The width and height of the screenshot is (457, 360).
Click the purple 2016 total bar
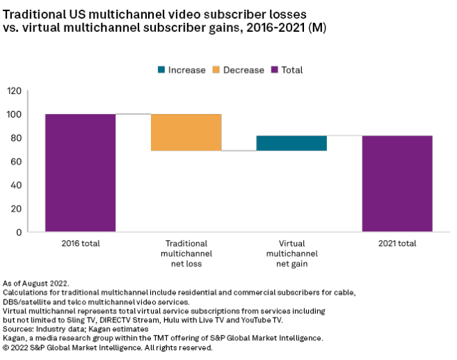[x=80, y=172]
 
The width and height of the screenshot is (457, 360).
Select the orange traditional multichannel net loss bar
[x=186, y=132]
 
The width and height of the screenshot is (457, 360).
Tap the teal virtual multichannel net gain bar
[x=291, y=143]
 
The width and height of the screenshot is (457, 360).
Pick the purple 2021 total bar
[x=397, y=183]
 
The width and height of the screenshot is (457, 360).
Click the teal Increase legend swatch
[x=162, y=69]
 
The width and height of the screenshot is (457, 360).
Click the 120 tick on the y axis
[x=14, y=90]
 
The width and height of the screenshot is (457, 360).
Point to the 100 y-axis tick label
[x=14, y=114]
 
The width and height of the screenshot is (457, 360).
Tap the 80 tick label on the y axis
[x=15, y=138]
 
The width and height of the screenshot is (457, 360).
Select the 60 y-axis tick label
[x=15, y=161]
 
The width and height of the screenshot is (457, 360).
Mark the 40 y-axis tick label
[x=15, y=185]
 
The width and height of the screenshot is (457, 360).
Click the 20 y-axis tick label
[x=15, y=208]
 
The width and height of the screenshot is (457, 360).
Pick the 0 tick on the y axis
[x=18, y=232]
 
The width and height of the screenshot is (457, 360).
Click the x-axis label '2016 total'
[x=80, y=244]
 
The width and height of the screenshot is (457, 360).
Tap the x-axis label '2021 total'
[x=397, y=244]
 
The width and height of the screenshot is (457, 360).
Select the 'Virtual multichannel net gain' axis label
[x=291, y=254]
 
